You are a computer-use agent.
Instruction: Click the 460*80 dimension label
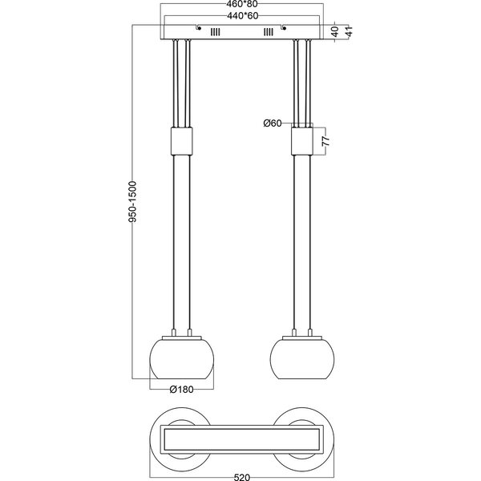coord(241,5)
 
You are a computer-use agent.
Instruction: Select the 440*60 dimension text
coord(241,15)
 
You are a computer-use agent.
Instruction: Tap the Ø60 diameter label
coord(273,123)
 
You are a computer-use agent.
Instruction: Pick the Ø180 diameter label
coord(182,390)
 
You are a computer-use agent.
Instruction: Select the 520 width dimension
coord(240,475)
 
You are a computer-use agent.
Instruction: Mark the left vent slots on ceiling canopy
coord(214,33)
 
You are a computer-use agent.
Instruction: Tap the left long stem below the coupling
coord(181,240)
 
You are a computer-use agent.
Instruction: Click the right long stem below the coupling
coord(302,240)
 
